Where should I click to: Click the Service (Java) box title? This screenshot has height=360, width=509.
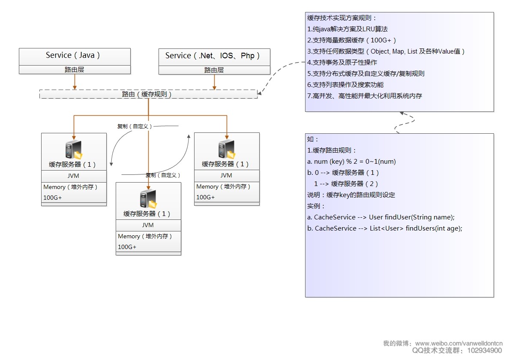(x=73, y=55)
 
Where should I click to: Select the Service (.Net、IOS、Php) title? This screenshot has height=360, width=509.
(x=213, y=56)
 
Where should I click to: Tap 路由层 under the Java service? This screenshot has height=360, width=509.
(x=75, y=70)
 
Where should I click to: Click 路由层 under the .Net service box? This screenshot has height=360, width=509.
(x=214, y=70)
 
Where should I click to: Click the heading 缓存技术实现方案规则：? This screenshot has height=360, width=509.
(x=342, y=18)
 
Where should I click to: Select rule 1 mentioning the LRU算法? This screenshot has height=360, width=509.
(x=347, y=29)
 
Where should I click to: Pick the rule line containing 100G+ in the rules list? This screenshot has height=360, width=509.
(x=352, y=40)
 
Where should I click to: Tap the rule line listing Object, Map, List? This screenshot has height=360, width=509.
(x=386, y=51)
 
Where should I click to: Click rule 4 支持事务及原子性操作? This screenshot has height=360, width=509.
(x=342, y=63)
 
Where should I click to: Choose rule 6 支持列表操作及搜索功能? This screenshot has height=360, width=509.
(x=345, y=85)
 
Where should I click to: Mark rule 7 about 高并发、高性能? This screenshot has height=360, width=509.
(x=365, y=96)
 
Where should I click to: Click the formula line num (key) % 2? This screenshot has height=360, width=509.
(x=352, y=162)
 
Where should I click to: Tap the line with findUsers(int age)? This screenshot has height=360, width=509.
(x=385, y=228)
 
